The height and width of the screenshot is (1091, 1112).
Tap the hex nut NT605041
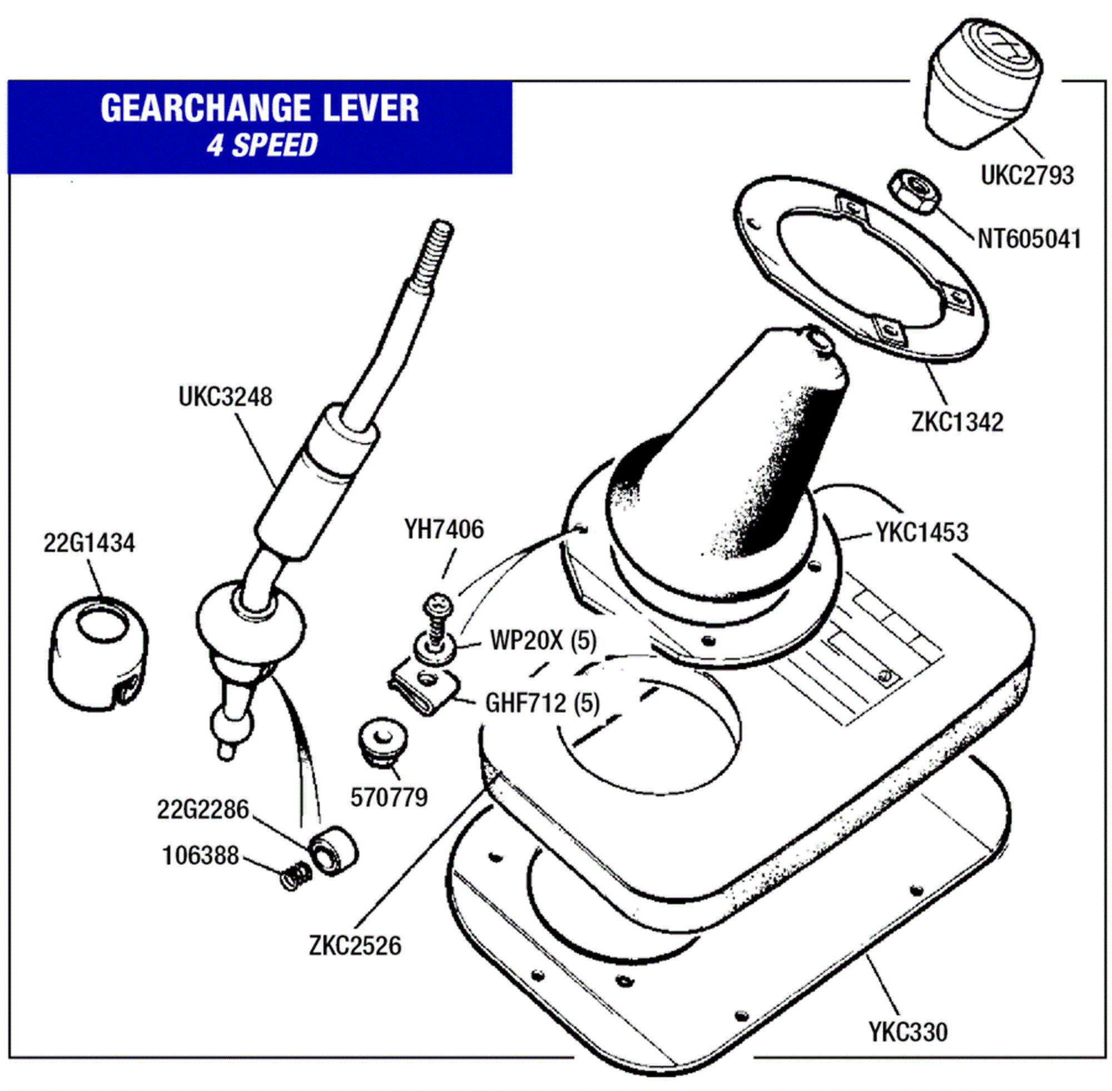915,191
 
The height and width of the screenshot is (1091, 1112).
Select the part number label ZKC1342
957,423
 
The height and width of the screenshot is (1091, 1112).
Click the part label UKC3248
225,397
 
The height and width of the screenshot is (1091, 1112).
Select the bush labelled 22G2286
333,850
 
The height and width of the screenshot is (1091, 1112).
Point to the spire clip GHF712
425,691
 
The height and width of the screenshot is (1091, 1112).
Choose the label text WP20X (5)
543,641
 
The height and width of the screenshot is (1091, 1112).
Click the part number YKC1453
922,532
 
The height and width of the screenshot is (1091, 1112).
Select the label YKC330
908,1032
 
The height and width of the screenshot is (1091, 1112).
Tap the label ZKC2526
355,946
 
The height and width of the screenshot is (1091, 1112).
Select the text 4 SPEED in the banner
262,145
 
